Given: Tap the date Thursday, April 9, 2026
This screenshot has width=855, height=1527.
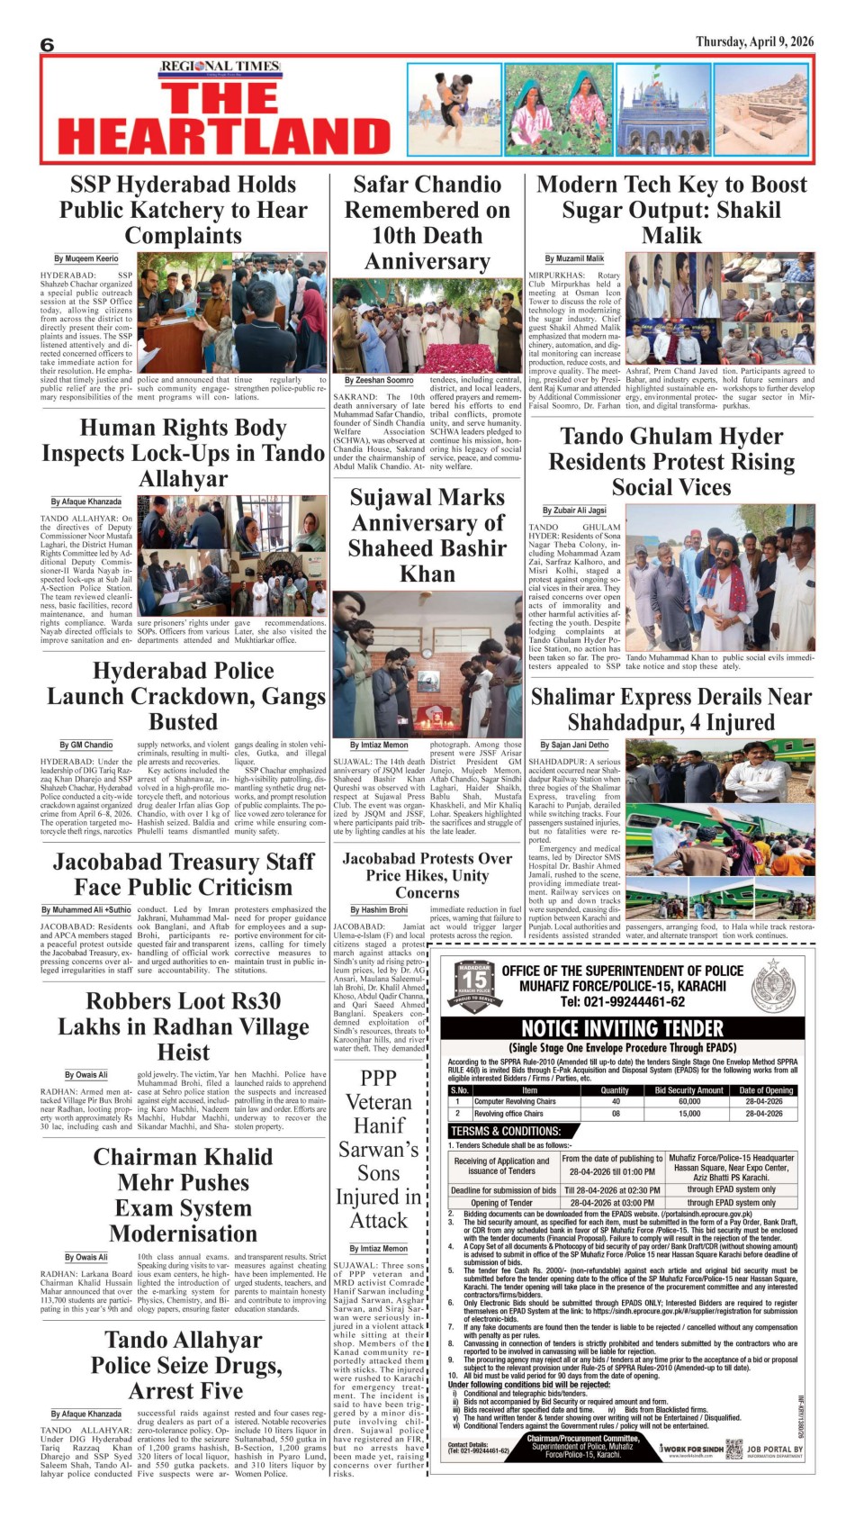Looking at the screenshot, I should (x=754, y=41).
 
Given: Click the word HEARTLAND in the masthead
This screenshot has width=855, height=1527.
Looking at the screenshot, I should (x=225, y=136).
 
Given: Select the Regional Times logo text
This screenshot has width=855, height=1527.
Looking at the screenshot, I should (x=220, y=67).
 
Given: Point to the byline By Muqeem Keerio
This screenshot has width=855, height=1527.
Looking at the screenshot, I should (x=85, y=258).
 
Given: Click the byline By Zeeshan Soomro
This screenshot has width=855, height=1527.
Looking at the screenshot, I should (x=379, y=381).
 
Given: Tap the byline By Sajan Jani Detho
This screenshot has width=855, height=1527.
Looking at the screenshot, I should (x=574, y=745).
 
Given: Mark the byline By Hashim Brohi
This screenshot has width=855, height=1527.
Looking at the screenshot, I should (x=379, y=910).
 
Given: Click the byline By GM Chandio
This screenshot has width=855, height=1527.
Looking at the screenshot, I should (x=86, y=745).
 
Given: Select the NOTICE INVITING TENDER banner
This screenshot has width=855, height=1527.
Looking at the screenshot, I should (x=623, y=1028).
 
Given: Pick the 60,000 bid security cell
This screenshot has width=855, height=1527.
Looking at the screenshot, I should (x=688, y=1101).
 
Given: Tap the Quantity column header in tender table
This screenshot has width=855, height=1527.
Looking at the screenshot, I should (x=615, y=1090).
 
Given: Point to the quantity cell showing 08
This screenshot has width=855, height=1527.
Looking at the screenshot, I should (x=615, y=1114).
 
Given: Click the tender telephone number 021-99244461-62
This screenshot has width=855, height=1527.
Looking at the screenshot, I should (x=622, y=1001).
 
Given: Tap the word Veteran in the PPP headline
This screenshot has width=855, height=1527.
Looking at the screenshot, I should (x=379, y=1102).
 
